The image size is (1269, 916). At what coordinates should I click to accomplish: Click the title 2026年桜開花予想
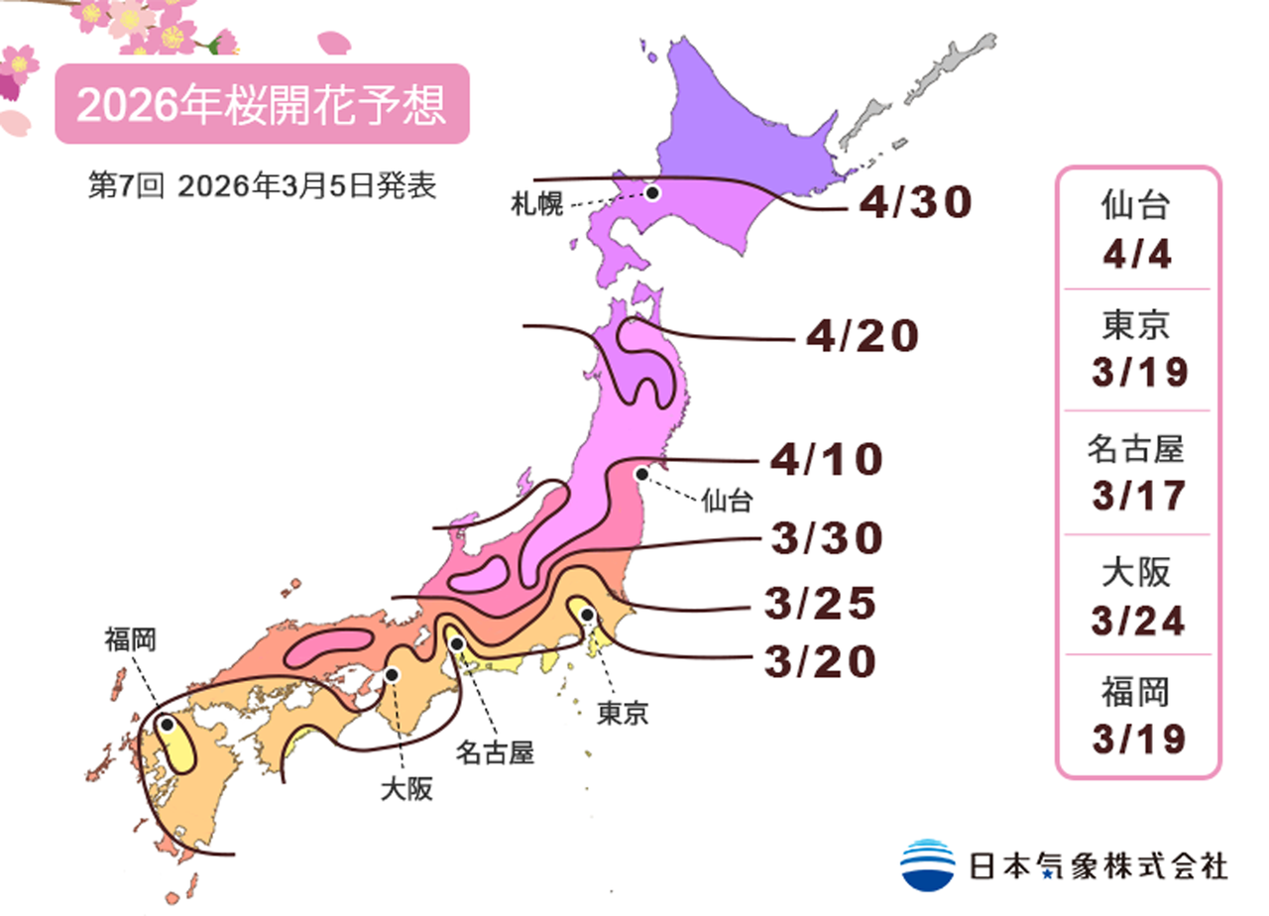tap(261, 105)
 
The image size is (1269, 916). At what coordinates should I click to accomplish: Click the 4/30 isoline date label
tap(915, 203)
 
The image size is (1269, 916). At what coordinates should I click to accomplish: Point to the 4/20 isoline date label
tap(862, 337)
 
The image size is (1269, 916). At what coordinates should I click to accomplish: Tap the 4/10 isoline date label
tap(826, 460)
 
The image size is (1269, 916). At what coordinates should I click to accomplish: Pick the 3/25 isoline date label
tap(820, 603)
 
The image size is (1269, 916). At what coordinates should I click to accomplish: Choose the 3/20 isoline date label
tap(820, 662)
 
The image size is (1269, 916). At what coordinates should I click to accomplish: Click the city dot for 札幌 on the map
tap(652, 192)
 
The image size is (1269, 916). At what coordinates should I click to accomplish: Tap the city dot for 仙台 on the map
tap(642, 474)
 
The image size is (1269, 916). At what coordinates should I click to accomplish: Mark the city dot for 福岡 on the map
tap(168, 725)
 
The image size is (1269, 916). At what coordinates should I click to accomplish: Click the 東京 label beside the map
tap(623, 713)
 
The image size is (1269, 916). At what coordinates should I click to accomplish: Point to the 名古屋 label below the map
tap(495, 752)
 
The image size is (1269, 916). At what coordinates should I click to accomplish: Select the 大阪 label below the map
tap(406, 790)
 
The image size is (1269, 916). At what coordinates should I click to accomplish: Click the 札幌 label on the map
tap(536, 205)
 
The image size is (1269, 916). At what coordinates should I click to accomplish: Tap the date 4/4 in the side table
tap(1138, 255)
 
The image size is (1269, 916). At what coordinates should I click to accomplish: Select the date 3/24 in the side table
tap(1138, 621)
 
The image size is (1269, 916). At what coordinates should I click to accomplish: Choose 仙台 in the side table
tap(1138, 207)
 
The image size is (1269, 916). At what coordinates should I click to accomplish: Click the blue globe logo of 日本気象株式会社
tap(927, 863)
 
